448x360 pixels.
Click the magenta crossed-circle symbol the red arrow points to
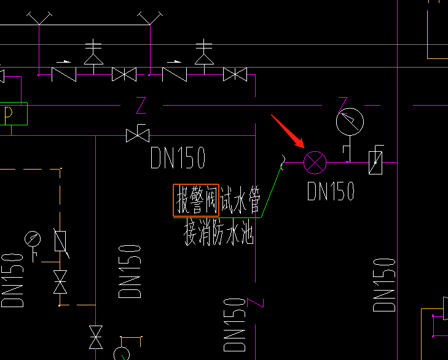click(315, 162)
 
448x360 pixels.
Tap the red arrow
click(288, 131)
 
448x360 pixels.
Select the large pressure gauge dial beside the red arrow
click(350, 122)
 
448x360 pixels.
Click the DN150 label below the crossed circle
click(331, 191)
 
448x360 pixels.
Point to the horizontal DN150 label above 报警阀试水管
click(178, 158)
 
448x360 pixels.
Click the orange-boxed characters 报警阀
click(196, 200)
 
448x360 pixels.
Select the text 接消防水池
click(219, 233)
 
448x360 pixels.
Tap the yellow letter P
click(9, 114)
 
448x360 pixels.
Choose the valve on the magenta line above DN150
click(138, 135)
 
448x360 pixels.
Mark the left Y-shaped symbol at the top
click(39, 18)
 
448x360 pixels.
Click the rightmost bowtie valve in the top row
click(235, 75)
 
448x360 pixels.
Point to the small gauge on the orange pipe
click(31, 238)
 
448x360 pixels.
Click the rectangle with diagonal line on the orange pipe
click(61, 240)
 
